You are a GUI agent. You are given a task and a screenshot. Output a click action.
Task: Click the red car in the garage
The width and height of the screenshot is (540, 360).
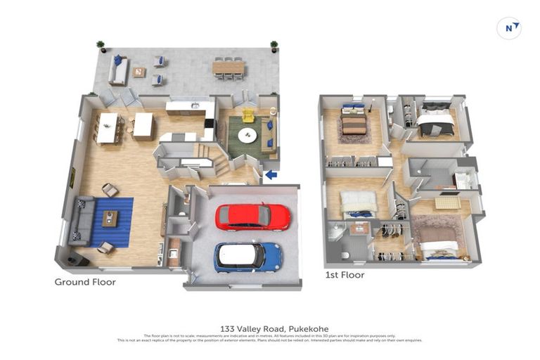point(252,217)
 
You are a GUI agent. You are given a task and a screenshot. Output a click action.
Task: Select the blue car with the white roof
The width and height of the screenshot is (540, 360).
point(248,257)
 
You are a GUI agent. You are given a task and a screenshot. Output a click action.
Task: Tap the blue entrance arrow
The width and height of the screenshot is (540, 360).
point(271,175)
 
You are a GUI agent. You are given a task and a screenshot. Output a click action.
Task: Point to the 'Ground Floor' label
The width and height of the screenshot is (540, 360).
point(85,282)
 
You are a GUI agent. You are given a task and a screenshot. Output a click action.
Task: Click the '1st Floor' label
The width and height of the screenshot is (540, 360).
point(345,275)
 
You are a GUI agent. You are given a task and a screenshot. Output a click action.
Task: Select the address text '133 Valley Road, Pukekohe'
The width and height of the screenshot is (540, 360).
point(269,328)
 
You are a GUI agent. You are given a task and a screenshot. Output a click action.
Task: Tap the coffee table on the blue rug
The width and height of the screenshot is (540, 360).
point(110,219)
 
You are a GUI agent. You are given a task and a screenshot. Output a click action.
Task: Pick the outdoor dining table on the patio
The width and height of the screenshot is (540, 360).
point(229,67)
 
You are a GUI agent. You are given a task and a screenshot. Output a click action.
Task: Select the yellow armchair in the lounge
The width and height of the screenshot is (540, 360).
point(249,116)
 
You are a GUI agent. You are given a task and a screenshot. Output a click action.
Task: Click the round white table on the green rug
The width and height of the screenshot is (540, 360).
point(247,135)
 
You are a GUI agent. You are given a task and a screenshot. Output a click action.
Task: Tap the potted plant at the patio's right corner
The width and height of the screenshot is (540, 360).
point(274,46)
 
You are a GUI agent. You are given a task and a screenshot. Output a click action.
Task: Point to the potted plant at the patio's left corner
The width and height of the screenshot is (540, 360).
point(101,46)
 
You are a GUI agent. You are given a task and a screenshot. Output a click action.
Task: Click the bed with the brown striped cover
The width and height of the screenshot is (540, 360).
point(353,124)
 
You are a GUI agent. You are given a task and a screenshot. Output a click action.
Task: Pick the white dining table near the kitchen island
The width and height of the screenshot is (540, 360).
point(108,128)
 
